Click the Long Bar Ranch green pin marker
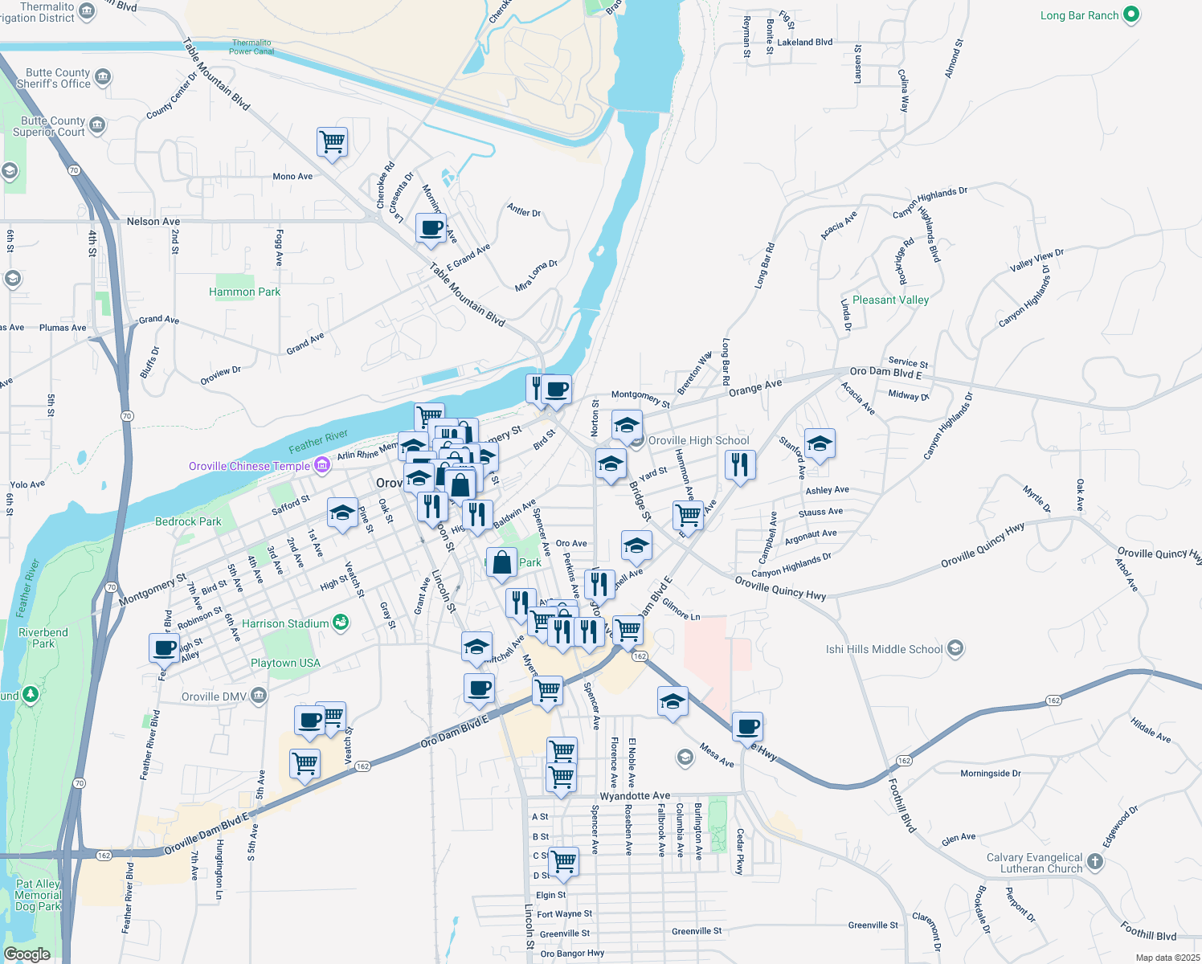[x=1131, y=15]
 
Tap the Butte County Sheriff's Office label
[x=54, y=78]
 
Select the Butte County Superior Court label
[x=49, y=126]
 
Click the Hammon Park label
[x=244, y=292]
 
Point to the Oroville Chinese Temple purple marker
[x=321, y=465]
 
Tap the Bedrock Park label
[x=188, y=521]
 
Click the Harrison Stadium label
[x=285, y=623]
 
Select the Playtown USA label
[x=285, y=663]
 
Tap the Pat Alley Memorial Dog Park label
[x=38, y=895]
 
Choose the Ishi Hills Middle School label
[x=884, y=649]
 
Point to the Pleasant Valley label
[x=890, y=300]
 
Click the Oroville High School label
[x=698, y=440]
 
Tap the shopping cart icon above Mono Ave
[x=332, y=142]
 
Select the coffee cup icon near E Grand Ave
[x=431, y=228]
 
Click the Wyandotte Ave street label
[x=635, y=795]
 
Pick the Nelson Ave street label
[x=153, y=221]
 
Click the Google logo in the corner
[x=27, y=954]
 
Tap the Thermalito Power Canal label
[x=251, y=47]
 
